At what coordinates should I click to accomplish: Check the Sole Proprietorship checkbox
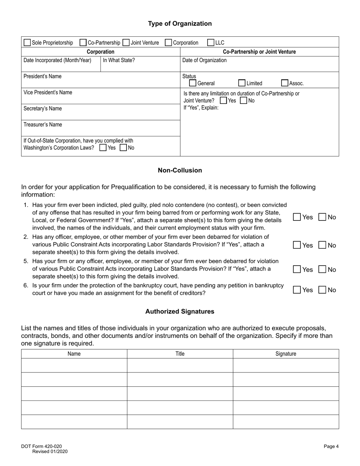pyautogui.click(x=27, y=42)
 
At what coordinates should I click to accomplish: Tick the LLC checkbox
pyautogui.click(x=211, y=42)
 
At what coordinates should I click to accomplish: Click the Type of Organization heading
pyautogui.click(x=180, y=23)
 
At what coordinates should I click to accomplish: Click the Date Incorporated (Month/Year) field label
pyautogui.click(x=57, y=60)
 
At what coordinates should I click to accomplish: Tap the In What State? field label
pyautogui.click(x=119, y=60)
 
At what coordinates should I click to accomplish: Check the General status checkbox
pyautogui.click(x=193, y=83)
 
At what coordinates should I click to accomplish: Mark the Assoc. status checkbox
pyautogui.click(x=285, y=83)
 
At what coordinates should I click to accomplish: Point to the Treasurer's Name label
pyautogui.click(x=43, y=125)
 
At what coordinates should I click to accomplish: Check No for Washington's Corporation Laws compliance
pyautogui.click(x=123, y=148)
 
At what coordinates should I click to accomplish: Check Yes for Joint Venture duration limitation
pyautogui.click(x=224, y=100)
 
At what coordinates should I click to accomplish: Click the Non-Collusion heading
pyautogui.click(x=180, y=170)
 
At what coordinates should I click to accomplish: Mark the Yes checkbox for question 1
pyautogui.click(x=297, y=217)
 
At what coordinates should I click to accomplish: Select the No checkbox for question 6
pyautogui.click(x=322, y=290)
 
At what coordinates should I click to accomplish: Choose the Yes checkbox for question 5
pyautogui.click(x=297, y=269)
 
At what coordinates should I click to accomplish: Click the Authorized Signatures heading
pyautogui.click(x=180, y=311)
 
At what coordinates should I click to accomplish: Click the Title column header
pyautogui.click(x=180, y=354)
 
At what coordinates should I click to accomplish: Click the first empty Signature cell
pyautogui.click(x=286, y=365)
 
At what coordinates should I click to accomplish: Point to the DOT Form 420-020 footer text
pyautogui.click(x=41, y=447)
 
